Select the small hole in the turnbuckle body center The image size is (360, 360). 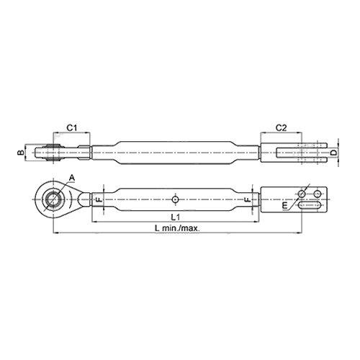(176, 199)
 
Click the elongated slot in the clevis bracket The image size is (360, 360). (311, 207)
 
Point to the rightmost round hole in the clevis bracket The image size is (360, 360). (317, 194)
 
